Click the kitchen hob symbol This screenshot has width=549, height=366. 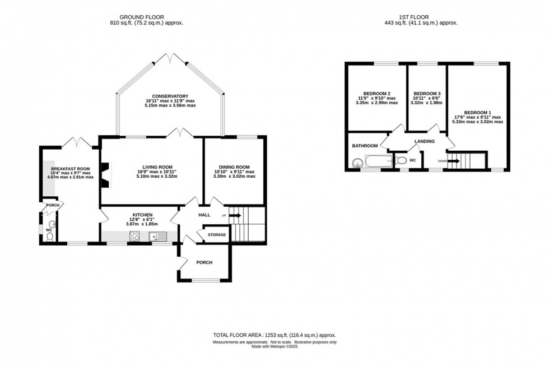135,236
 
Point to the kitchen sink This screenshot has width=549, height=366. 155,236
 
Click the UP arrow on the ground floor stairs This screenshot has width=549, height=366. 234,215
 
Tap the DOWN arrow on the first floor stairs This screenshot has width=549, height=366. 453,161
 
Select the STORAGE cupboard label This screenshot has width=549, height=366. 217,235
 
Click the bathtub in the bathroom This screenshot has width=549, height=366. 379,163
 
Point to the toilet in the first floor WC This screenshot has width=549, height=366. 401,161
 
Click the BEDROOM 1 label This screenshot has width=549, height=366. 478,111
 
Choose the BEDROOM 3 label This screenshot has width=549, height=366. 427,93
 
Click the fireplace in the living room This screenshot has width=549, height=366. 105,173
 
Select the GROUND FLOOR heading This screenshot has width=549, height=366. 146,17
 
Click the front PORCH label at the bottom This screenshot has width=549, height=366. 204,262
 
